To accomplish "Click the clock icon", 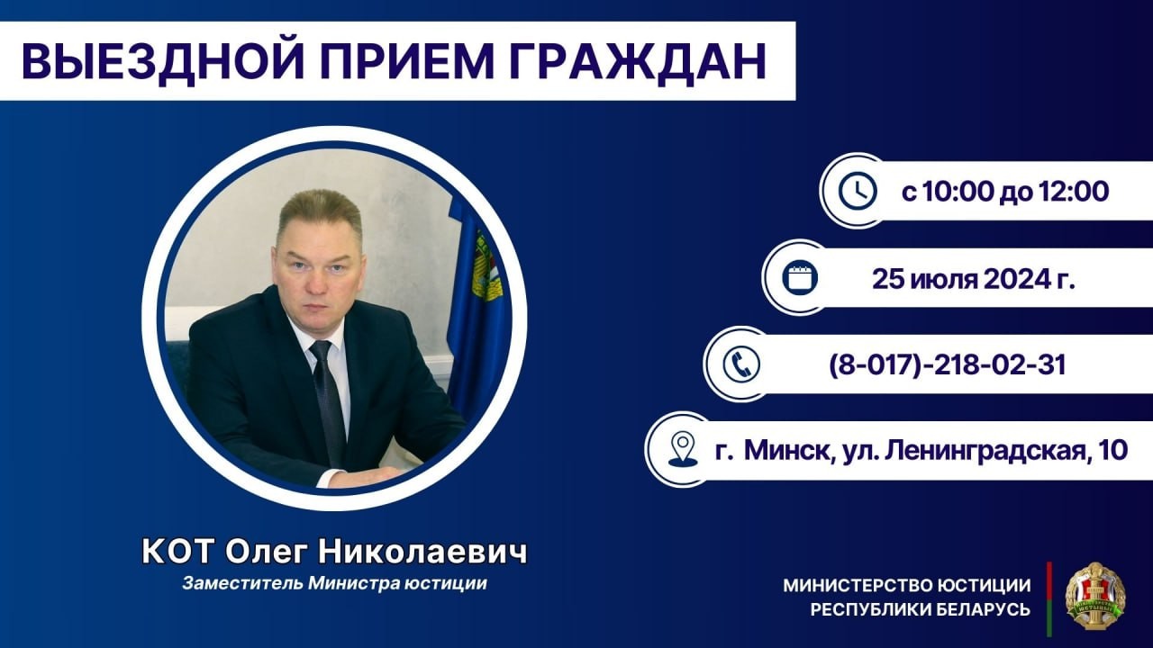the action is (x=857, y=191).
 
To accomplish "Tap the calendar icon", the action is (x=799, y=278).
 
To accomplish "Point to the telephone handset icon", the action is (x=741, y=364).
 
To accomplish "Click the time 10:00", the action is (x=954, y=192).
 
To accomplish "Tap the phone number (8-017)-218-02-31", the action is (x=947, y=365).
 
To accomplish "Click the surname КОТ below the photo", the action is (x=177, y=553).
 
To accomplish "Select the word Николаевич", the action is (x=423, y=553).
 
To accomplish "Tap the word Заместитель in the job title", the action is (x=242, y=584).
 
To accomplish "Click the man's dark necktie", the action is (x=328, y=401).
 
